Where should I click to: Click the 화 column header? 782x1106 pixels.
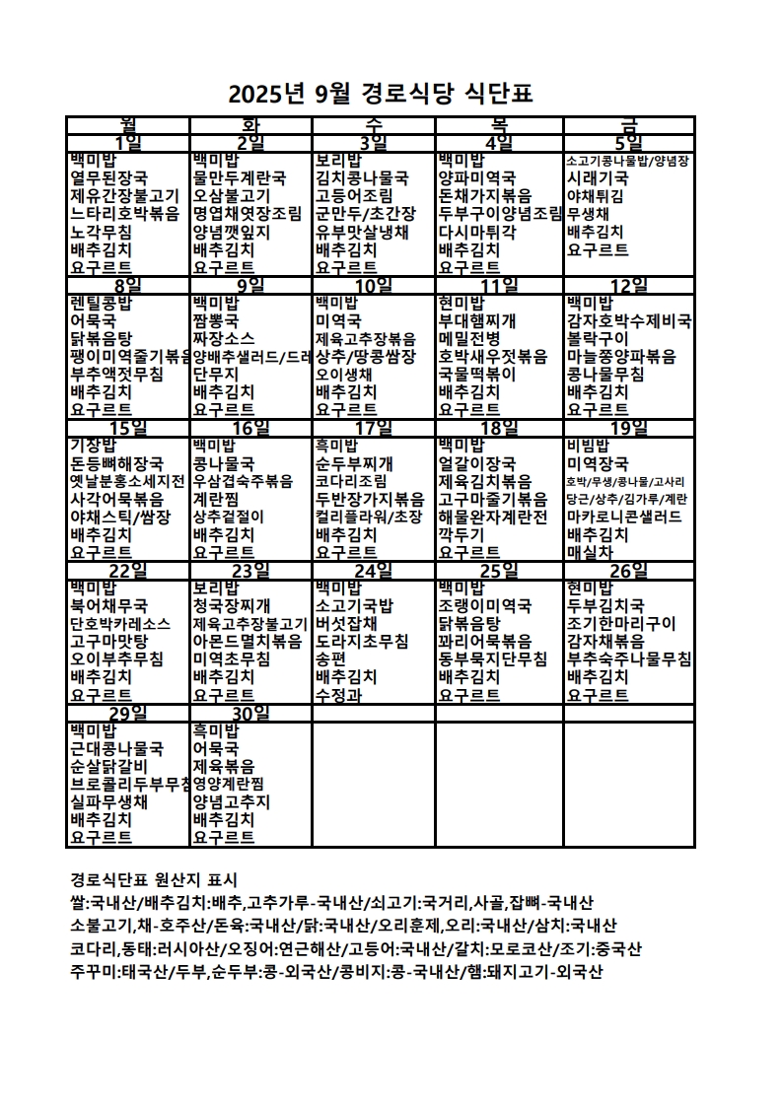click(x=250, y=124)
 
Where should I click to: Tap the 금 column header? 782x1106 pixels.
click(x=628, y=124)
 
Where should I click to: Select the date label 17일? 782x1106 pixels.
click(x=373, y=427)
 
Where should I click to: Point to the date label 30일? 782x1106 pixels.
click(x=250, y=713)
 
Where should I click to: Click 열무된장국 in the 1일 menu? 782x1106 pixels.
click(x=109, y=177)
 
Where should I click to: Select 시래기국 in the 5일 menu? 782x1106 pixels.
click(x=598, y=177)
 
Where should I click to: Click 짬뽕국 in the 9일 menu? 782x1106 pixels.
click(x=216, y=320)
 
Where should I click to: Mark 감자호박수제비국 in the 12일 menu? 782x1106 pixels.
click(x=629, y=320)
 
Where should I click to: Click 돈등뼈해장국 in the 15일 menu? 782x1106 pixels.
click(x=117, y=463)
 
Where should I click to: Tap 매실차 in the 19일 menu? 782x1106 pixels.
click(x=590, y=552)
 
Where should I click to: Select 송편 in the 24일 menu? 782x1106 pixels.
click(x=330, y=659)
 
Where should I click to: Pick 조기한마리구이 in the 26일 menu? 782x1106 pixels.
click(x=621, y=623)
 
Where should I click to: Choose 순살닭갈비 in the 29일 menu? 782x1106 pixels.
click(x=109, y=766)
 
